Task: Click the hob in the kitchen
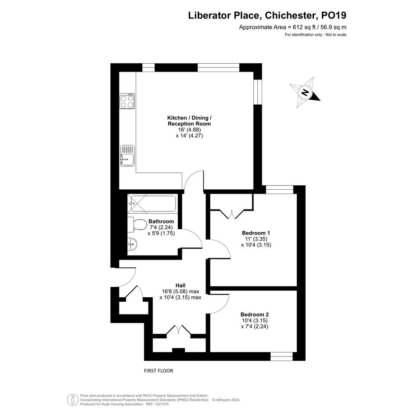point(127,101)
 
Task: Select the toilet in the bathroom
point(137,225)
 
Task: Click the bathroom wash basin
point(132,244)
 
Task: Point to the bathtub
point(152,204)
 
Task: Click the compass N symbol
point(305,92)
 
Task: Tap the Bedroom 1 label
point(256,233)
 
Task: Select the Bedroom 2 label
point(255,314)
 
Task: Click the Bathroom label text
point(161,221)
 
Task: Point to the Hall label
point(180,285)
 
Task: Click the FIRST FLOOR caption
point(159,371)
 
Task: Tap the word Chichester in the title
point(290,15)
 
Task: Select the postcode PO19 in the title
point(333,15)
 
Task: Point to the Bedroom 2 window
point(281,356)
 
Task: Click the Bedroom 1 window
point(280,190)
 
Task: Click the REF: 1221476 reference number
point(157,404)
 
